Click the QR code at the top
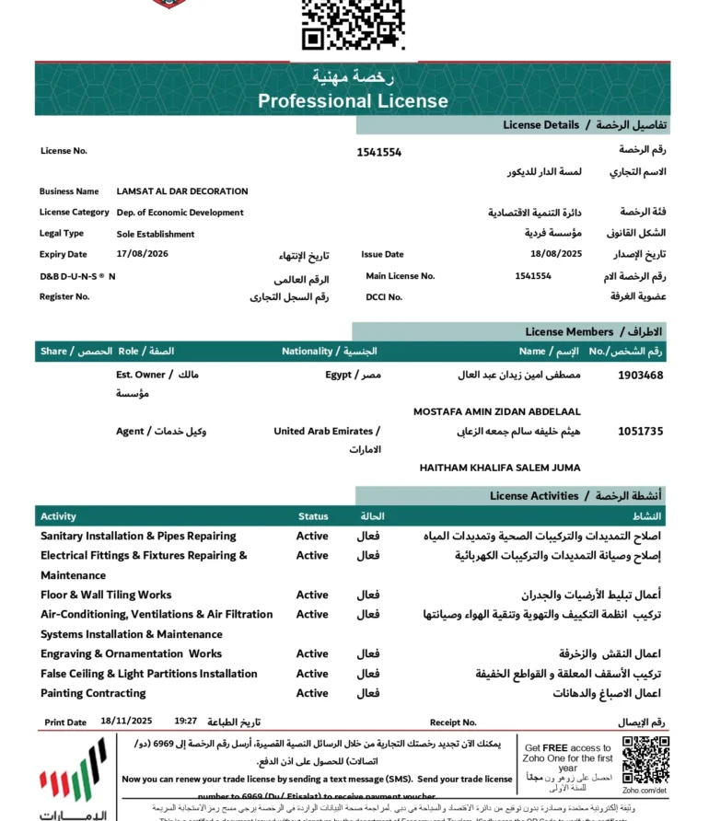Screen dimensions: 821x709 tap(354, 24)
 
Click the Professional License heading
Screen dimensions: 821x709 tap(353, 101)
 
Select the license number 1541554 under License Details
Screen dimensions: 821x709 tap(379, 153)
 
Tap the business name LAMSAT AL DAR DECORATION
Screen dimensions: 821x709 tap(182, 191)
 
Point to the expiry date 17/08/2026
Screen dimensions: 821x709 tap(143, 254)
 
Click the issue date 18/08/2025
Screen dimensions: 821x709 tap(556, 254)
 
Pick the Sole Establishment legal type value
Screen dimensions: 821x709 tap(156, 234)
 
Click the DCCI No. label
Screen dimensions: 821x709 tap(384, 296)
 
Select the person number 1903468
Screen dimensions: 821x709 tap(641, 376)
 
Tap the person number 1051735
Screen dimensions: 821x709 tap(641, 431)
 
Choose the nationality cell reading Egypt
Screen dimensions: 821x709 tap(339, 376)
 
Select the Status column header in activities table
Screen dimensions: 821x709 tap(313, 516)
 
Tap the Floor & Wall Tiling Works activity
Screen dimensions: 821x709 tap(106, 595)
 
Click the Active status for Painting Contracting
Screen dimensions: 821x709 tap(312, 693)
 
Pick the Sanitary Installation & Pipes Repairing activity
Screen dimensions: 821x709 tap(138, 536)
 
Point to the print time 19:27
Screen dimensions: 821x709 tap(186, 723)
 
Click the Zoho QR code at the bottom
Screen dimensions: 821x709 tap(645, 760)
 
